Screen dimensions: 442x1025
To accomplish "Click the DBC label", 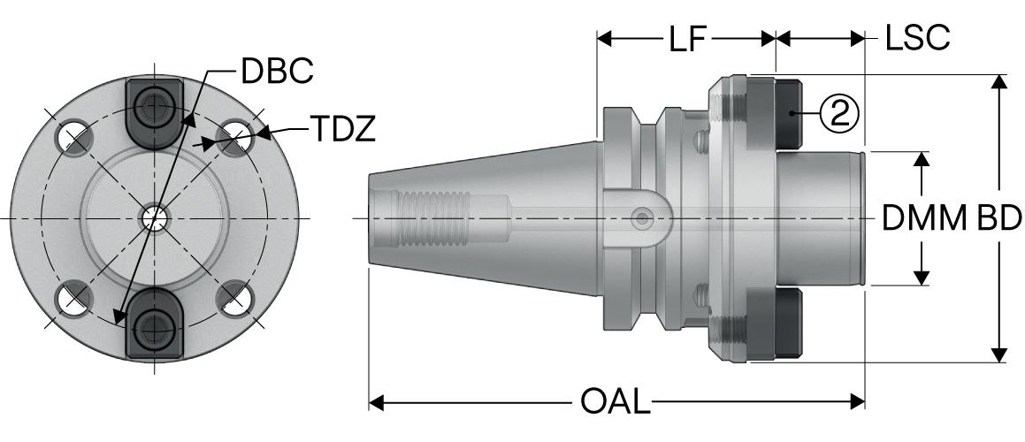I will coord(276,72).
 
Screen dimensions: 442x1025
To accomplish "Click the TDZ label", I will coord(342,130).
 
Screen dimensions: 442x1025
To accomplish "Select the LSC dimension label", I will coord(917,38).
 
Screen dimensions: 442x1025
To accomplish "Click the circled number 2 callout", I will coord(839,112).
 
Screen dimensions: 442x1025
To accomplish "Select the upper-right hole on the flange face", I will coord(235,136).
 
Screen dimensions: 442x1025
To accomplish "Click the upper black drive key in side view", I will coord(790,112).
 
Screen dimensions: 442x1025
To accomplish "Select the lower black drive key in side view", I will coord(790,324).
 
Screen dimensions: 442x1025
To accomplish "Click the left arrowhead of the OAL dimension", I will coord(375,402).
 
